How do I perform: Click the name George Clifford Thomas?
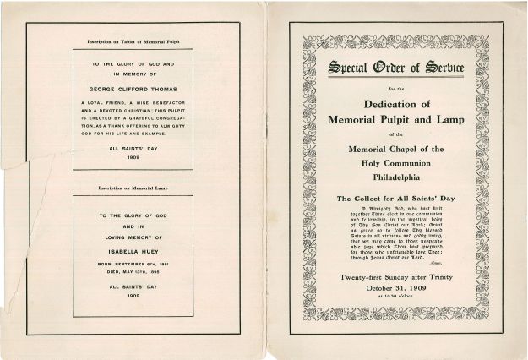pyautogui.click(x=132, y=87)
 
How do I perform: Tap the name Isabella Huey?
pyautogui.click(x=133, y=251)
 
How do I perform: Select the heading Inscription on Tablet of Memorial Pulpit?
pyautogui.click(x=133, y=41)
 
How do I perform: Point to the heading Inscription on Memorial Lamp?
pyautogui.click(x=133, y=186)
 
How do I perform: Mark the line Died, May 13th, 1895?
pyautogui.click(x=133, y=272)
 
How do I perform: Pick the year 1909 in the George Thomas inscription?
pyautogui.click(x=133, y=157)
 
